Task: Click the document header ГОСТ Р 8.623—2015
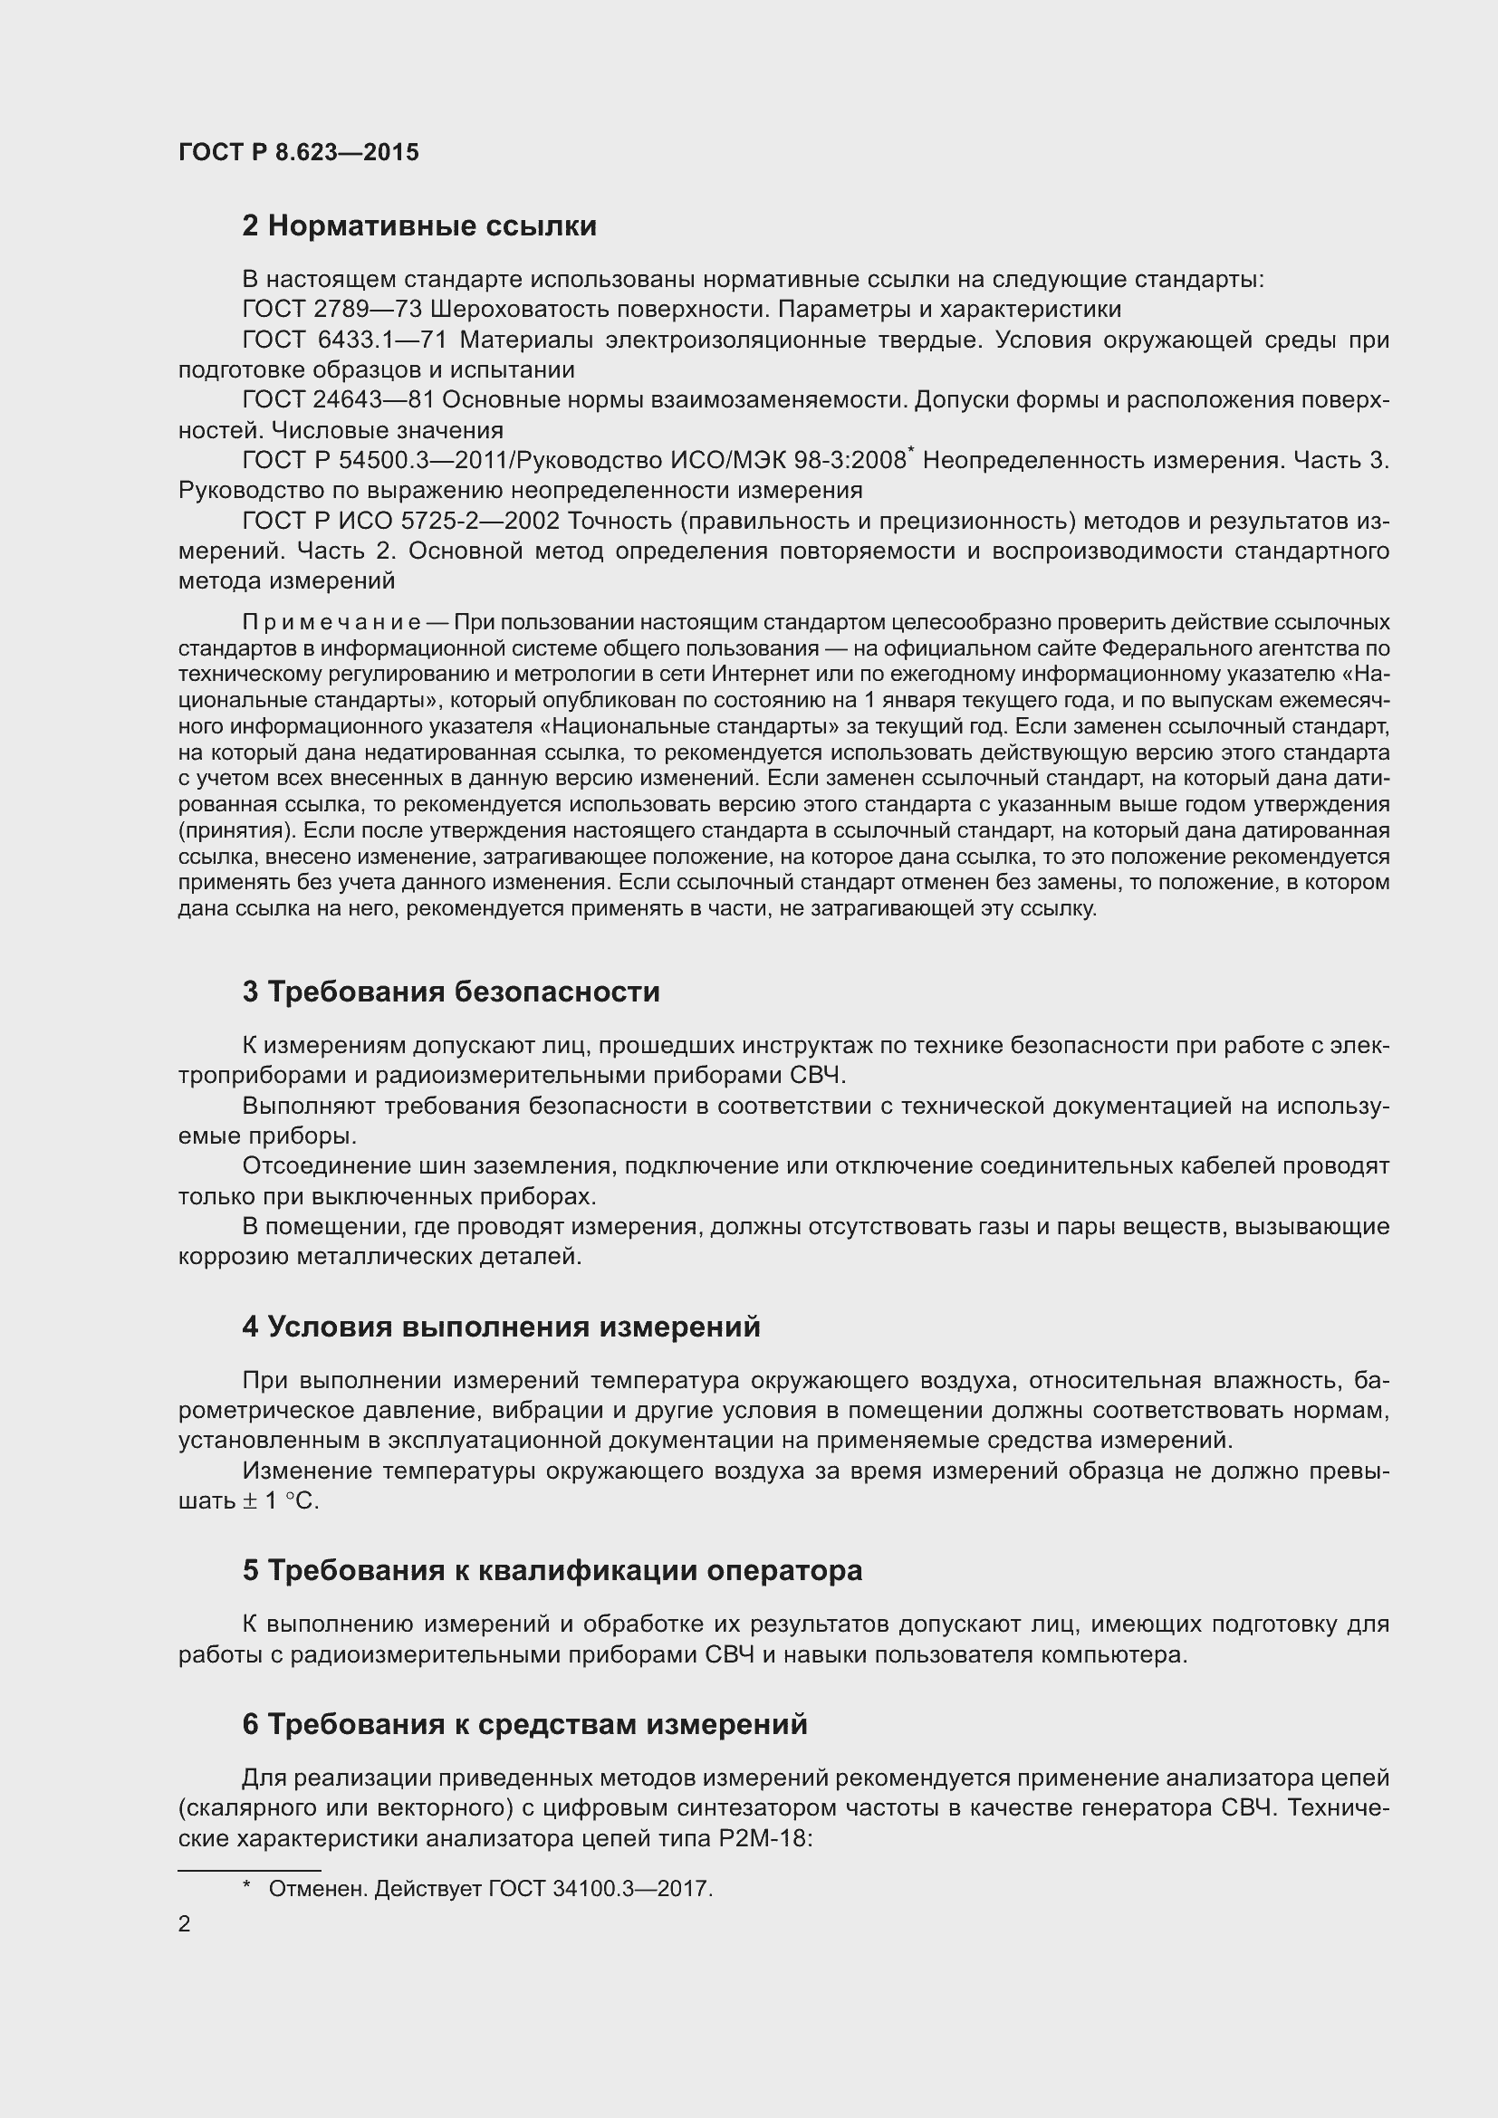pos(298,152)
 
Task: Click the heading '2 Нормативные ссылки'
pos(418,226)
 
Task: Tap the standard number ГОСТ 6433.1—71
pos(344,340)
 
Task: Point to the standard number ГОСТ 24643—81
pos(338,399)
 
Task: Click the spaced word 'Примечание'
pos(331,622)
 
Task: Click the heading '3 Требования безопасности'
pos(450,992)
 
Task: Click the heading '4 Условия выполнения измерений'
pos(501,1327)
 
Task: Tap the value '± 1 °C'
pos(281,1500)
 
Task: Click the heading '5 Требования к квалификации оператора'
pos(552,1570)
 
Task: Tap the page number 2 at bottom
pos(185,1923)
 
